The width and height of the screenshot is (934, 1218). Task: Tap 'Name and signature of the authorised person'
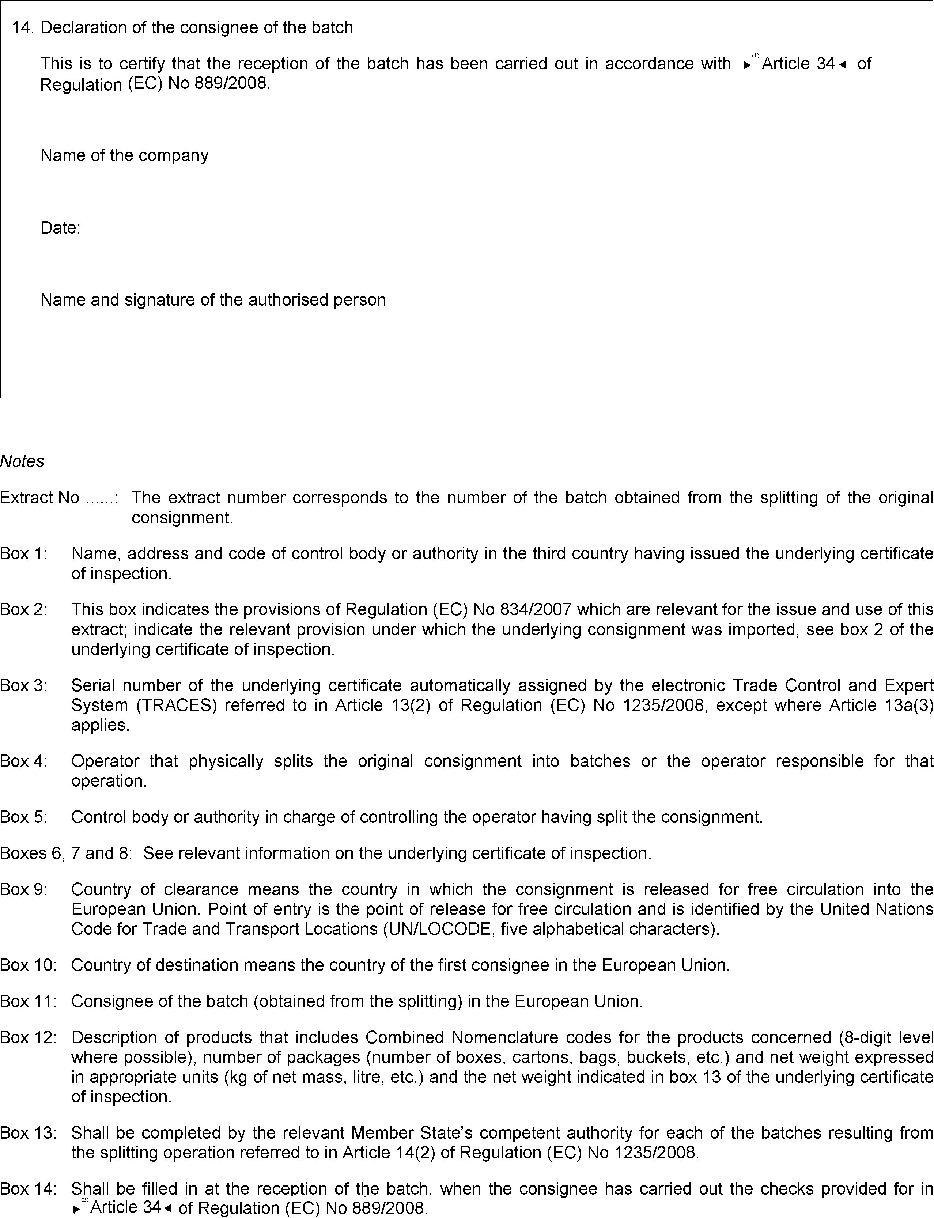tap(213, 300)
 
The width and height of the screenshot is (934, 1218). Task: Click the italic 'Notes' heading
tap(22, 461)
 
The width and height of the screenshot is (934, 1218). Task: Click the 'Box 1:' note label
tap(24, 554)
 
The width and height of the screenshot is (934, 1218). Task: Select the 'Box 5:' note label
tap(24, 817)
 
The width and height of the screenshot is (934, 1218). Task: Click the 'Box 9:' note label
tap(24, 889)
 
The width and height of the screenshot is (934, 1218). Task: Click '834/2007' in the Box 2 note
tap(536, 610)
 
